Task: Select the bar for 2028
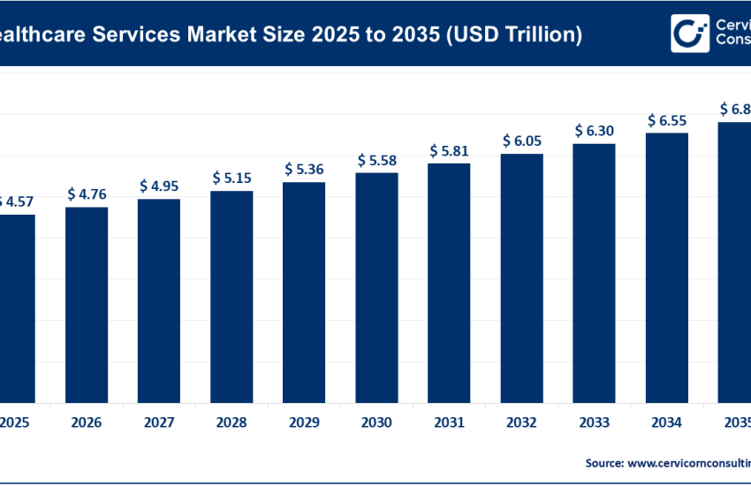(231, 295)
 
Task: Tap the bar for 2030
(376, 286)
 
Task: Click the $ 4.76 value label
(87, 194)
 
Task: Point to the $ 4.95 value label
(159, 186)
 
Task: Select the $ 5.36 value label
(304, 169)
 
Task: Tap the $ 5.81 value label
(449, 150)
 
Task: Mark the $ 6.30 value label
(594, 130)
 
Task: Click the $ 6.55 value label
(666, 119)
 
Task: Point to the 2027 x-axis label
(159, 422)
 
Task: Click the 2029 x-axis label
(304, 422)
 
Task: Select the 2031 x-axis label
(449, 422)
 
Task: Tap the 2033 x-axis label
(594, 422)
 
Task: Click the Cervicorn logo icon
(690, 33)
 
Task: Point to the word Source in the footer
(604, 462)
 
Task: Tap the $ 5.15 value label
(231, 178)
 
